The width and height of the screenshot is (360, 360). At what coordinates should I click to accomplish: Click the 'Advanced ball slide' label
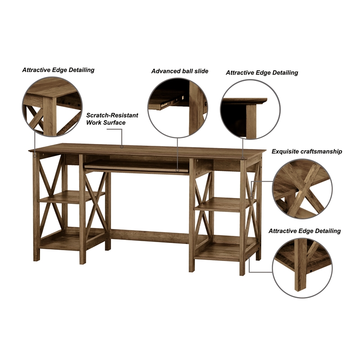[x=180, y=71]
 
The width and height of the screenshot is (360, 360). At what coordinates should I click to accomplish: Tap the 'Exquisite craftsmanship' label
[x=307, y=152]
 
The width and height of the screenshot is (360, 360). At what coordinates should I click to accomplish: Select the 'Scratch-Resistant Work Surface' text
[x=112, y=119]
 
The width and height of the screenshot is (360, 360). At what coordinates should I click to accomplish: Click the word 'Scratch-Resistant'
[x=112, y=115]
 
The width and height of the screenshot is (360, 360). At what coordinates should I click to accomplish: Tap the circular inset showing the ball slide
[x=178, y=108]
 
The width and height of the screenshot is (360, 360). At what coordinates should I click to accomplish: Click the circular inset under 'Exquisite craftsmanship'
[x=302, y=189]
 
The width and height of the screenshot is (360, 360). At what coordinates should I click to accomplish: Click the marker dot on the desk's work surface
[x=122, y=147]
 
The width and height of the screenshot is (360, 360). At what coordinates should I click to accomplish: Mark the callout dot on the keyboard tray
[x=177, y=170]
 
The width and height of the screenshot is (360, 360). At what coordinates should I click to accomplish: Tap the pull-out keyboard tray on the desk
[x=137, y=167]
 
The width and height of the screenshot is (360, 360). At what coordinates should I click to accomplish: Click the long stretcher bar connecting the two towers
[x=150, y=236]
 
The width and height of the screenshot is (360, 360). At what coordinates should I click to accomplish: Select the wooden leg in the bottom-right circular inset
[x=300, y=265]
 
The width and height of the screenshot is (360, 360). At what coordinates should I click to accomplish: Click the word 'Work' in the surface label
[x=93, y=122]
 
